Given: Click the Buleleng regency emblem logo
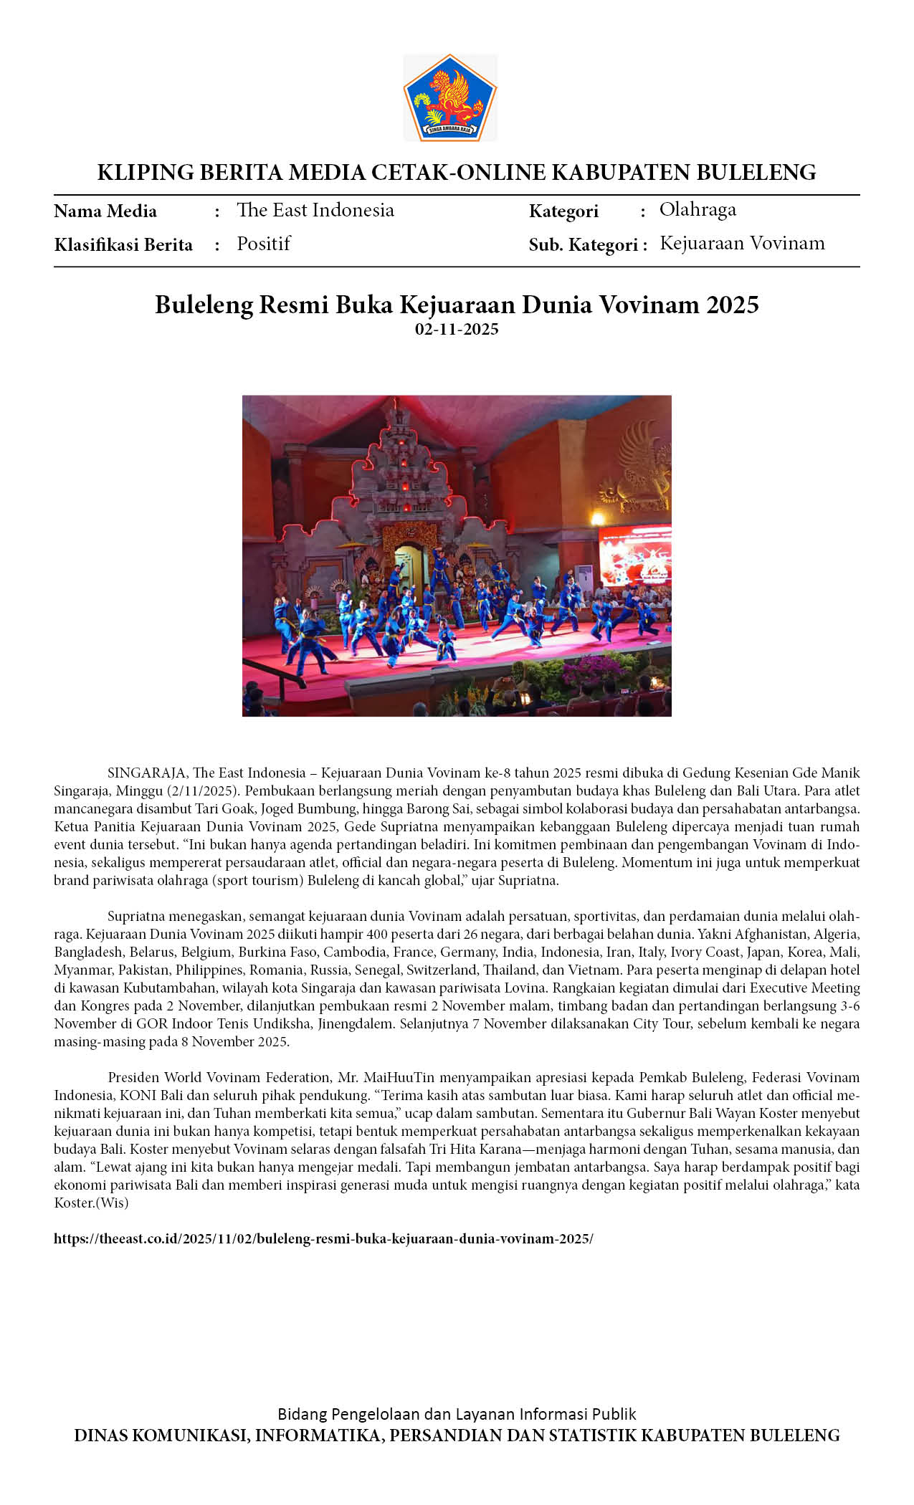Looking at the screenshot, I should pyautogui.click(x=449, y=97).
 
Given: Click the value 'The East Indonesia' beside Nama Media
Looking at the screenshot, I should pyautogui.click(x=315, y=210).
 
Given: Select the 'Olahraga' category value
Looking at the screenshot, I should pyautogui.click(x=698, y=209).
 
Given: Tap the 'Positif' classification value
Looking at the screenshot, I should pyautogui.click(x=264, y=244).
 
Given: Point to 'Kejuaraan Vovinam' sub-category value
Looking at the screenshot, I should pyautogui.click(x=742, y=243).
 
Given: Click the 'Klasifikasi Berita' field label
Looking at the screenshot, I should pyautogui.click(x=123, y=245).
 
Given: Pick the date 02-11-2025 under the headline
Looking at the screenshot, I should pyautogui.click(x=457, y=330).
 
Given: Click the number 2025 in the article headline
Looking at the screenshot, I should pyautogui.click(x=732, y=305).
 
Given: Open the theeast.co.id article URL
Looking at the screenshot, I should pyautogui.click(x=323, y=1238).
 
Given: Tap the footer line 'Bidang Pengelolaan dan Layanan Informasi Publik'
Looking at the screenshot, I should pyautogui.click(x=457, y=1414).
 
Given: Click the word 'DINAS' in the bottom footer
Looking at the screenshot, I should pyautogui.click(x=101, y=1435).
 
